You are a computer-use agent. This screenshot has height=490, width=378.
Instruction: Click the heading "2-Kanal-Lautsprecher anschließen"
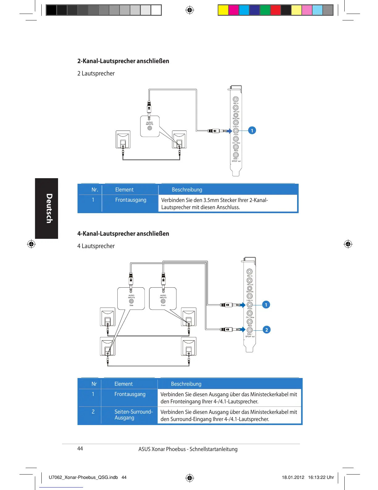(123, 61)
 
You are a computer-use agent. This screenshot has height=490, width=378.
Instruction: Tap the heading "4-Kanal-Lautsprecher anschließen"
(123, 234)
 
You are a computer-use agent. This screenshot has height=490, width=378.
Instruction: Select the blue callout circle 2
(267, 330)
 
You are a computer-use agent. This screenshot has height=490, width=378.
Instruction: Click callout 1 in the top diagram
(252, 131)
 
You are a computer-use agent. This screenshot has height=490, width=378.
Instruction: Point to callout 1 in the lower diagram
(266, 305)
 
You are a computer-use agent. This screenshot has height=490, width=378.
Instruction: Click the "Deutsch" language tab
(47, 208)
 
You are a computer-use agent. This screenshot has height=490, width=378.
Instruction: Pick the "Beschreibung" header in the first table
(187, 190)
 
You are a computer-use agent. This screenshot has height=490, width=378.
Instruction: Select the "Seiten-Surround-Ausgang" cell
(133, 415)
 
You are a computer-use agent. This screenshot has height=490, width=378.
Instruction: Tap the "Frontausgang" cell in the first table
(131, 200)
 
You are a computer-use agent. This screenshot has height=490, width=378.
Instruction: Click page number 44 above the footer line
(80, 449)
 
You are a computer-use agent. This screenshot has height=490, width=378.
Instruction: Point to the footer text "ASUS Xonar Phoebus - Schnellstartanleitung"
(188, 449)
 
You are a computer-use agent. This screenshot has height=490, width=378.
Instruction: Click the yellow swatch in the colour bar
(223, 10)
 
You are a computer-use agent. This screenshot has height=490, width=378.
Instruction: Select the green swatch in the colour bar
(265, 10)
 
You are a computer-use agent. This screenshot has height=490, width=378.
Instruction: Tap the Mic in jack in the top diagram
(236, 99)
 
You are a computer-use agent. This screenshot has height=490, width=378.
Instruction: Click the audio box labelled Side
(131, 299)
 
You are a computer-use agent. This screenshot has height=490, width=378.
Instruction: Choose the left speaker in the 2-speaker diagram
(123, 140)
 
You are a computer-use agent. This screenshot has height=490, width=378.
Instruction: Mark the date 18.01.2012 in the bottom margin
(293, 477)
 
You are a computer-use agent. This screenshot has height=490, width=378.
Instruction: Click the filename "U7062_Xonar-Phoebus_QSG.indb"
(83, 477)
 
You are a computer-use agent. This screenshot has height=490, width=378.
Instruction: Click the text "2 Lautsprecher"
(96, 73)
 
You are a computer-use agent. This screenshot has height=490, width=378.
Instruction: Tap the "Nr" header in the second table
(94, 384)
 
